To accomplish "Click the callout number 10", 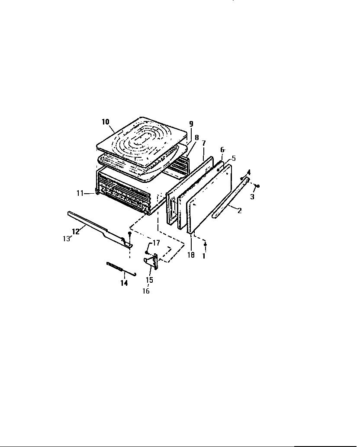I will pyautogui.click(x=106, y=122).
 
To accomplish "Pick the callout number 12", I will pyautogui.click(x=76, y=231).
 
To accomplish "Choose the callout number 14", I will pyautogui.click(x=124, y=283).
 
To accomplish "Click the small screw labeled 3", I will pyautogui.click(x=257, y=186).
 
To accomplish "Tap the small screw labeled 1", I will pyautogui.click(x=206, y=245).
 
